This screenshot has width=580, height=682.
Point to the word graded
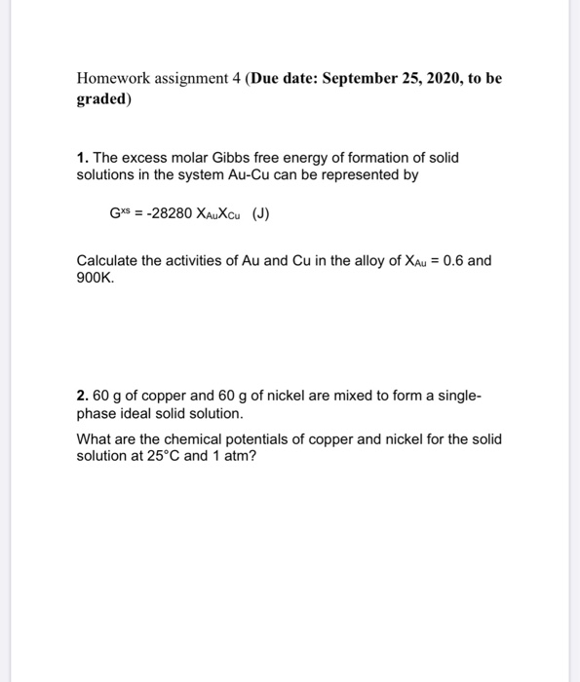(101, 98)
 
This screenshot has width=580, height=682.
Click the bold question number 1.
(82, 157)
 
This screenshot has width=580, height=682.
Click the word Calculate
(106, 261)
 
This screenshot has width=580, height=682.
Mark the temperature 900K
(96, 278)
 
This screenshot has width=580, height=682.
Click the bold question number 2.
(82, 397)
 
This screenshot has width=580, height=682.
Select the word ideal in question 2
(136, 414)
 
